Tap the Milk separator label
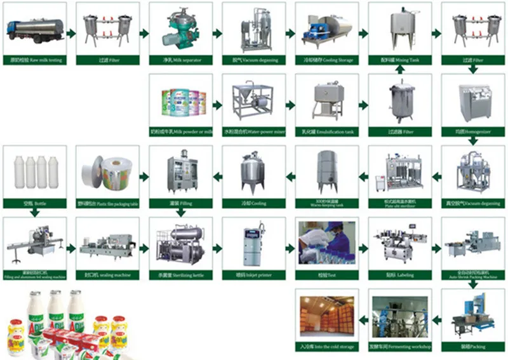[x=180, y=60]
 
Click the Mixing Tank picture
[x=400, y=29]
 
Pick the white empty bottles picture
[x=36, y=171]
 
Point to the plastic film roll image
[x=108, y=171]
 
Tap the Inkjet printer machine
[x=253, y=244]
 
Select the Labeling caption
[x=400, y=276]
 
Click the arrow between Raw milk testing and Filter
[x=71, y=32]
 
